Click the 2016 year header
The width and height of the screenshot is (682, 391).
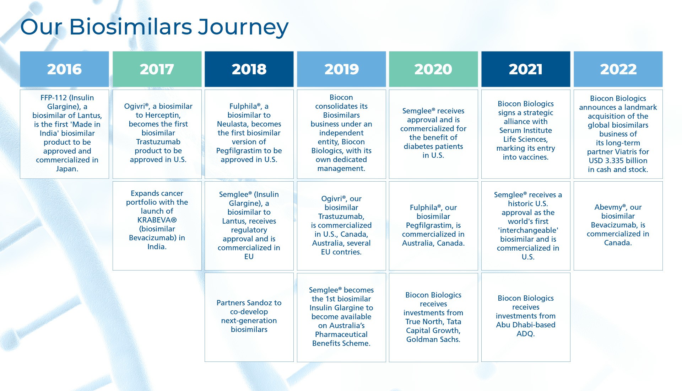[x=64, y=69]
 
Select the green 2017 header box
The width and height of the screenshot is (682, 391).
[x=157, y=69]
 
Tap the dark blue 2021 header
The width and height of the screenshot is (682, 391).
[x=525, y=69]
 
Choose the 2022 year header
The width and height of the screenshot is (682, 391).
[x=618, y=69]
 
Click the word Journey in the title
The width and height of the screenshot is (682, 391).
[x=243, y=27]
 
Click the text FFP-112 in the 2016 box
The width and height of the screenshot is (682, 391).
[x=54, y=98]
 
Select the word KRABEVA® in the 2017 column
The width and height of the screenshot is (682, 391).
[x=157, y=220]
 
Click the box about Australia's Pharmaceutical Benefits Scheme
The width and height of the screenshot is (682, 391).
[x=341, y=317]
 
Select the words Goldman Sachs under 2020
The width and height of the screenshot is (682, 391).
[x=433, y=339]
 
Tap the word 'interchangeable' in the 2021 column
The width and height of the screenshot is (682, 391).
[x=528, y=230]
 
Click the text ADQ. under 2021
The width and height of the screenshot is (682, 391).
[x=525, y=334]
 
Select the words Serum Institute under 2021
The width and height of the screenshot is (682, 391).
[x=525, y=130]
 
